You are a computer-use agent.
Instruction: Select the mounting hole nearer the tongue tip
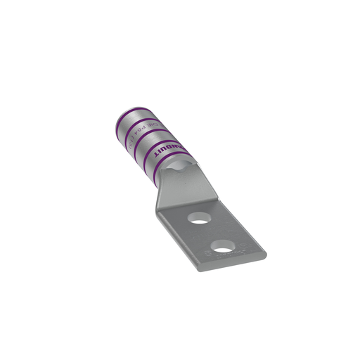(224, 246)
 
